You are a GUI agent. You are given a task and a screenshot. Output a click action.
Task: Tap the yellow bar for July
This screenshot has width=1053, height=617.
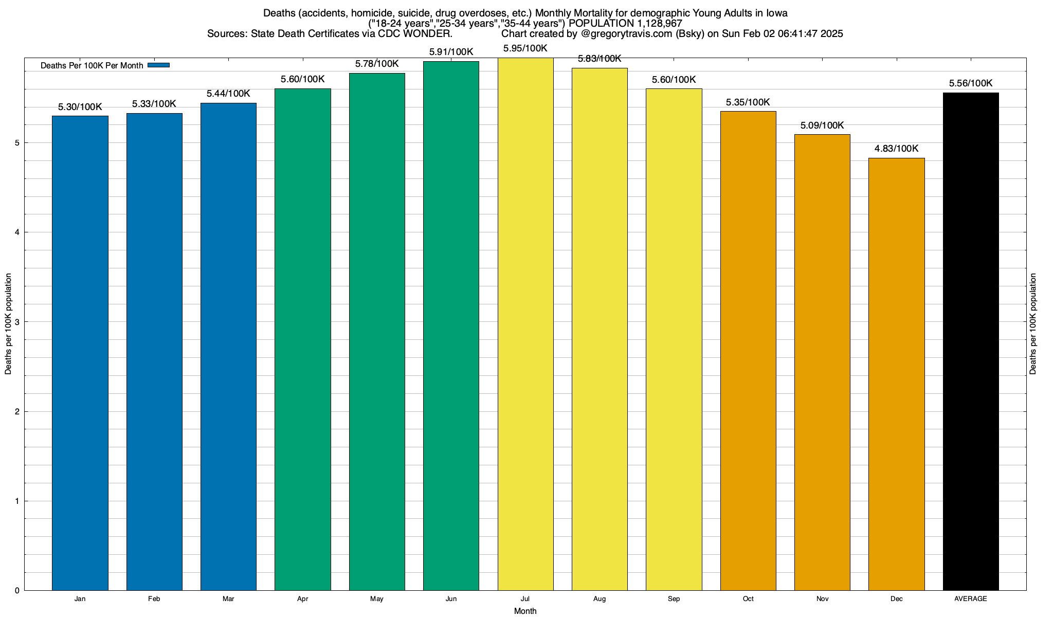tap(525, 324)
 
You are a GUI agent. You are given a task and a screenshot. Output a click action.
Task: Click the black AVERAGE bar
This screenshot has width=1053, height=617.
tap(971, 341)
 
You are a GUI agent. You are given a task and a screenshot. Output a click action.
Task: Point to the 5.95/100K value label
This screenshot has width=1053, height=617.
tap(525, 49)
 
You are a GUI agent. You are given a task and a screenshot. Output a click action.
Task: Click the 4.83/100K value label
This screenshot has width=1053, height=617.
tap(896, 149)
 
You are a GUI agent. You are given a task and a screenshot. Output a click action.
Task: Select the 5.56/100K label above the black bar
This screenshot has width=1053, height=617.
tap(971, 83)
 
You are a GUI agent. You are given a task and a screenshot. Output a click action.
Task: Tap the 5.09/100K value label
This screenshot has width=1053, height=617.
tap(822, 125)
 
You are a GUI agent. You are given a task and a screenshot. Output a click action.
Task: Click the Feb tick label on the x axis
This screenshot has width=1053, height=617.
tap(154, 599)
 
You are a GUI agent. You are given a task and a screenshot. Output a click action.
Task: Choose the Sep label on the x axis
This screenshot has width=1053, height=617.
tap(674, 599)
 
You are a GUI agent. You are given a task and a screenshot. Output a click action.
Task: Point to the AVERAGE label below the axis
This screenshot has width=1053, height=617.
tap(971, 599)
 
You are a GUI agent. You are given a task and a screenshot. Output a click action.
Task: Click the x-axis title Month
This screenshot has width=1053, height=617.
tap(525, 611)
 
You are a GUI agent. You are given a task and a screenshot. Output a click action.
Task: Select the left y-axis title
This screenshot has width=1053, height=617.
tap(8, 324)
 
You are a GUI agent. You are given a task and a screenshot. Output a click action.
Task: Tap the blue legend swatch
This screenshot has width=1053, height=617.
tap(158, 65)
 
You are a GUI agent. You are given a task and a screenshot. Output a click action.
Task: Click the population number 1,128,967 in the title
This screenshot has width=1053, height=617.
tap(652, 24)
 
